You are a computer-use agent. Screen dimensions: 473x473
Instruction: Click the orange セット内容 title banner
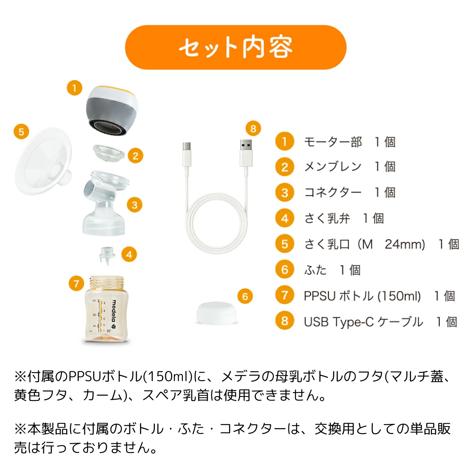(235, 47)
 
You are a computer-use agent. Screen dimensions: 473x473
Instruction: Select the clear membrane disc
(109, 153)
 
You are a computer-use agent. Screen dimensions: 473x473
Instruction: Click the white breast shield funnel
(44, 161)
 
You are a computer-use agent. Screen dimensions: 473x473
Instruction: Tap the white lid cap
(216, 313)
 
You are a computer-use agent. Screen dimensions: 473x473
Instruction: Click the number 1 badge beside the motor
(74, 88)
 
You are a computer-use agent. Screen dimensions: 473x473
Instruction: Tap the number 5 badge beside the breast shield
(21, 132)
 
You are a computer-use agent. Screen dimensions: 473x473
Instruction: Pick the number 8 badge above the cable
(253, 128)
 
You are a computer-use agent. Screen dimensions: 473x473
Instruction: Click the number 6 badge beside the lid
(245, 296)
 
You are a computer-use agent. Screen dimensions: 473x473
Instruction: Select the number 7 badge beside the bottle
(76, 283)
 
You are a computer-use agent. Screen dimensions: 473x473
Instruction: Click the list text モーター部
(333, 142)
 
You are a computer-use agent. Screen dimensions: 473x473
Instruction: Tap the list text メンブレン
(333, 166)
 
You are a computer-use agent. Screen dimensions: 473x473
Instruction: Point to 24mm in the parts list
(405, 244)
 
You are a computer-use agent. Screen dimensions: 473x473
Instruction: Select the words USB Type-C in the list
(339, 322)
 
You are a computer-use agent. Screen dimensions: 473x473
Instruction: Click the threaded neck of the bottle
(107, 283)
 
